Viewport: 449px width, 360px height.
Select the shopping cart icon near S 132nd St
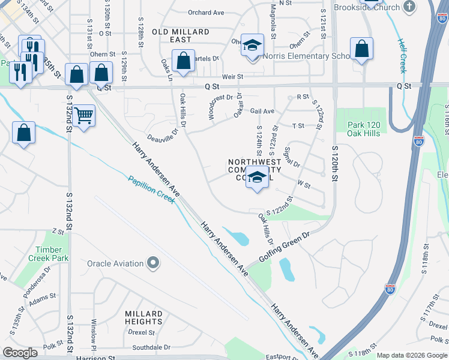(84, 115)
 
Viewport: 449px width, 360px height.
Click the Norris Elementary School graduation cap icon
(253, 46)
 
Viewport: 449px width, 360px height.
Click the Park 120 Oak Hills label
(364, 129)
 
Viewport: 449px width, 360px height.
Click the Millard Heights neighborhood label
(143, 318)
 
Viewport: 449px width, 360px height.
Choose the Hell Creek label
(402, 56)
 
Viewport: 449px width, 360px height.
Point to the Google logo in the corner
(20, 353)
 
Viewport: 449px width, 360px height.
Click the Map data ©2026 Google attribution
(412, 355)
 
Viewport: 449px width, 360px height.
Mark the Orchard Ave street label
(205, 12)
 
